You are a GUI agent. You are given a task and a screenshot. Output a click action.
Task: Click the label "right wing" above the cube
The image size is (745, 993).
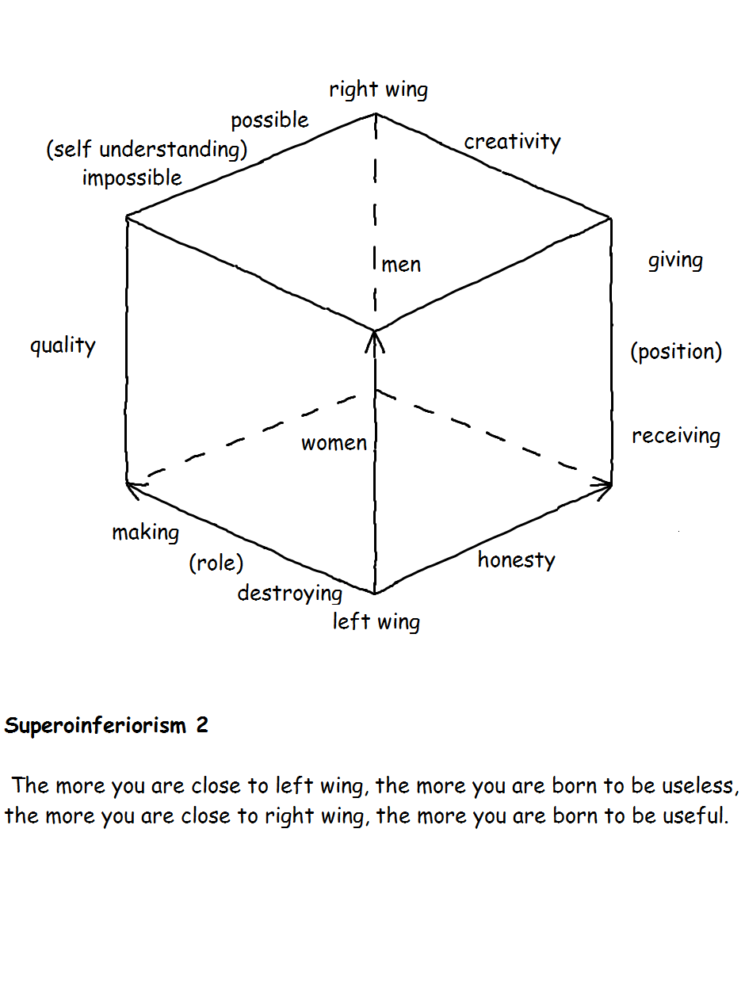click(378, 90)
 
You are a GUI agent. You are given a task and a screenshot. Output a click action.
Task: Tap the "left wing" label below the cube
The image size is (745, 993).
click(376, 621)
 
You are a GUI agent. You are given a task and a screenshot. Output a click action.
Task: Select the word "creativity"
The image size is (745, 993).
click(512, 142)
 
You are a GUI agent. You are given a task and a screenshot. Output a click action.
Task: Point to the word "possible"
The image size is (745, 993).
click(269, 120)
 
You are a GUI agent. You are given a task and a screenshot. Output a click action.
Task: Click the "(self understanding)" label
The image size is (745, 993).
click(147, 149)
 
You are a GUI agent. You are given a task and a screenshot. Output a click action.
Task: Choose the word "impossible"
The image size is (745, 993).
click(132, 178)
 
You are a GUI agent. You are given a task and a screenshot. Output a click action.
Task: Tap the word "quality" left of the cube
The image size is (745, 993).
click(63, 346)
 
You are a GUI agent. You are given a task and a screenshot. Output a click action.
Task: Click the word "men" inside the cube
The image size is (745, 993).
click(401, 265)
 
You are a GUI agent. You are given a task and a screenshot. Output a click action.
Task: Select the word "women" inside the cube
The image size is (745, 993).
click(334, 443)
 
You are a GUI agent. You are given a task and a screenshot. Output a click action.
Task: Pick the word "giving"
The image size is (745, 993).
click(675, 261)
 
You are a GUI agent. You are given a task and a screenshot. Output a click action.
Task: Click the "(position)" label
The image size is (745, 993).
click(676, 351)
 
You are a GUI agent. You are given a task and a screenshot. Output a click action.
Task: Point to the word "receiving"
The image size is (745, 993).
click(676, 436)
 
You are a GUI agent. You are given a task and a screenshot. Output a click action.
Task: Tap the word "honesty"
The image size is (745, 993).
click(516, 560)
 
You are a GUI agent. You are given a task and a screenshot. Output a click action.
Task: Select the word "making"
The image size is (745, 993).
click(145, 533)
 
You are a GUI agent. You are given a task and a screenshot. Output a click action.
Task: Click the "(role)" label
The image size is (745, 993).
click(216, 563)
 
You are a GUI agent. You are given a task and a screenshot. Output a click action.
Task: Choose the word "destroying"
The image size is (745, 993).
click(289, 593)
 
